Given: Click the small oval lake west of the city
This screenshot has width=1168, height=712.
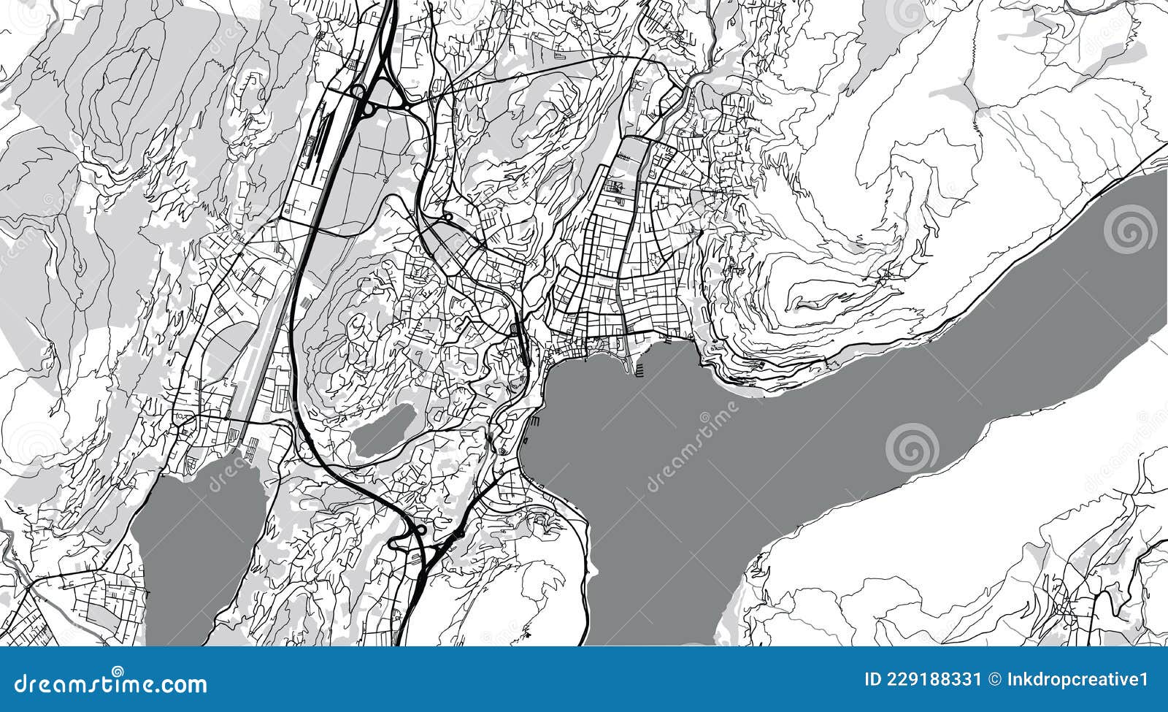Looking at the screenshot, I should click(x=382, y=431).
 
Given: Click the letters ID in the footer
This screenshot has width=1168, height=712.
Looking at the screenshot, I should click(x=872, y=681).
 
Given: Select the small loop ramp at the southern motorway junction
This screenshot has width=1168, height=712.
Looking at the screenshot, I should click(x=421, y=530).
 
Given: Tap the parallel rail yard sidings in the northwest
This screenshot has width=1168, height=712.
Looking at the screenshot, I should click(x=315, y=139).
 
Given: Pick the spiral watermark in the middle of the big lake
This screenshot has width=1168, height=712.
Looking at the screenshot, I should click(x=912, y=446).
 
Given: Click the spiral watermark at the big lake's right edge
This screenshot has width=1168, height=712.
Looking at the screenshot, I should click(x=1129, y=229).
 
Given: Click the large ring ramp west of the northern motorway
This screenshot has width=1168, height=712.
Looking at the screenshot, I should click(x=358, y=91).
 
